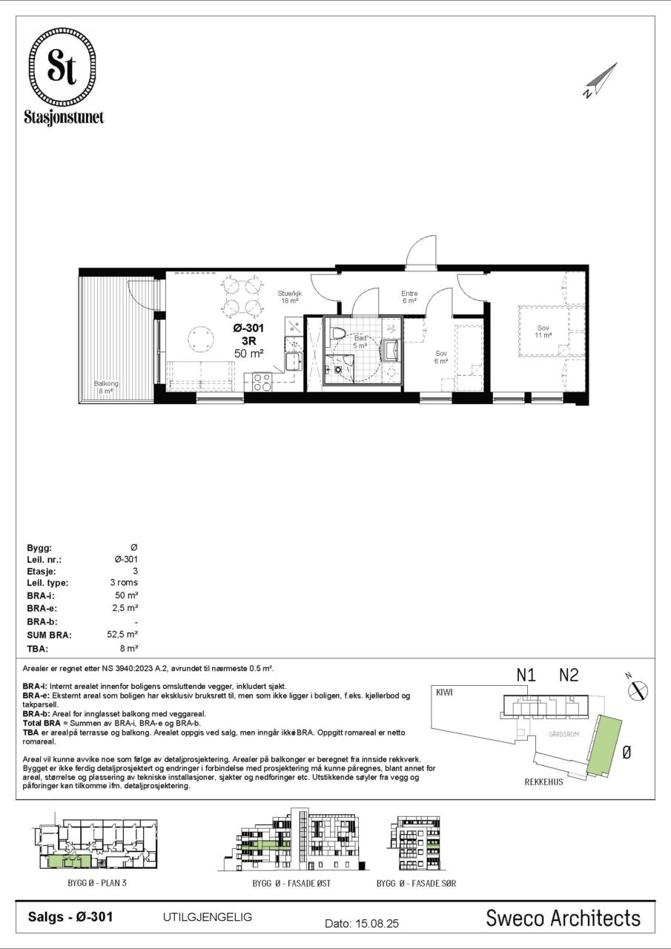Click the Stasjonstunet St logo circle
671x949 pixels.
(62, 67)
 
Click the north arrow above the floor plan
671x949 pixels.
(601, 80)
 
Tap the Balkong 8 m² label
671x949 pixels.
(106, 387)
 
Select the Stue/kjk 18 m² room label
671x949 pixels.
(290, 297)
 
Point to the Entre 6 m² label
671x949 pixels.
(409, 297)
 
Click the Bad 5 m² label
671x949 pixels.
(360, 342)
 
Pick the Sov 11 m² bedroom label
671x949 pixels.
(543, 331)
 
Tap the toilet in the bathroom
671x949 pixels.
(338, 333)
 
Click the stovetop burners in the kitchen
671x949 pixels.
(262, 381)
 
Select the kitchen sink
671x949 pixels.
(293, 361)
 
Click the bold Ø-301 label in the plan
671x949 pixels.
(248, 328)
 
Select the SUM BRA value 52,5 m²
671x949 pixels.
(122, 634)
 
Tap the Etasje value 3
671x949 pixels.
(135, 571)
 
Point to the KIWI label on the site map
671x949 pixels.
(444, 692)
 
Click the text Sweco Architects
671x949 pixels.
(563, 917)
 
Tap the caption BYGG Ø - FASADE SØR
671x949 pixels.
(416, 883)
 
